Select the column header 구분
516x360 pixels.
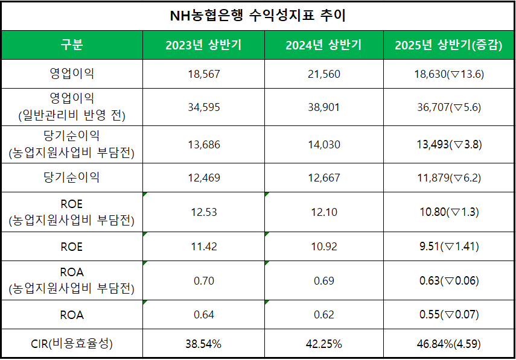point(72,45)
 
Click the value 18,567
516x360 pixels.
point(203,74)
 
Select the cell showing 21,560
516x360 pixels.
point(323,74)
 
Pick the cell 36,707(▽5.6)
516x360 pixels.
point(449,107)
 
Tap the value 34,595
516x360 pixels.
point(203,107)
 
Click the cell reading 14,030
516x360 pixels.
point(323,145)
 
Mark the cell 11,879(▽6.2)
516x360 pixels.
point(449,178)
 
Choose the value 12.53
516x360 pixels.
point(203,212)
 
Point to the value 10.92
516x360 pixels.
point(323,247)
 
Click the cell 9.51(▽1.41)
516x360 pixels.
point(449,247)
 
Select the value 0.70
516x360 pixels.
point(203,280)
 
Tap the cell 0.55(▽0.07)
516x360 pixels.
point(449,315)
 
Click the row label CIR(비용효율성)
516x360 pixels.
point(72,344)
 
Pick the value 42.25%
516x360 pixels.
point(323,344)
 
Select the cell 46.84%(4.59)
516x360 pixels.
point(449,344)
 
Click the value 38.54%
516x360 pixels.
point(203,344)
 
